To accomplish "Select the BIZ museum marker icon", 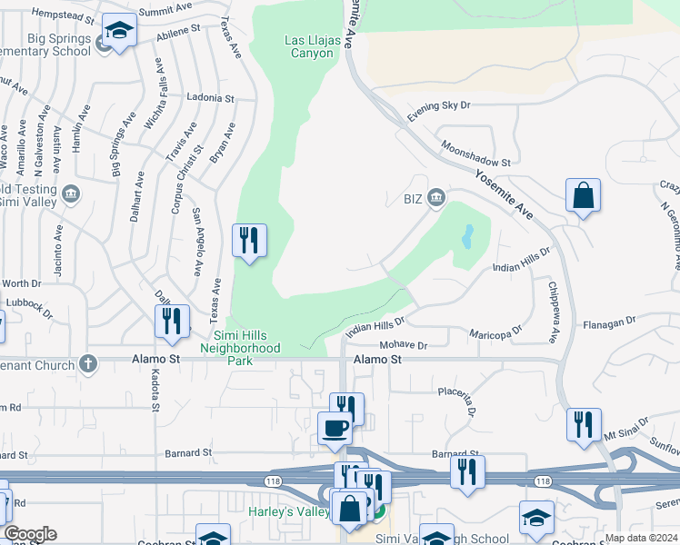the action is pyautogui.click(x=436, y=197).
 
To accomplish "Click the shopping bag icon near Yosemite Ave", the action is pyautogui.click(x=583, y=196).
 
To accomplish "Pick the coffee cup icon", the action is pyautogui.click(x=334, y=426).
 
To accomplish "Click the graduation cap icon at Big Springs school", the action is pyautogui.click(x=118, y=32).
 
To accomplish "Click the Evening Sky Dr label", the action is pyautogui.click(x=439, y=111).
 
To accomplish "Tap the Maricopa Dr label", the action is pyautogui.click(x=496, y=332).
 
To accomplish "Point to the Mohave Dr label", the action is pyautogui.click(x=403, y=345).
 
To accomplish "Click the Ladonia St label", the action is pyautogui.click(x=210, y=97).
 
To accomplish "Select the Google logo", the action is pyautogui.click(x=30, y=534).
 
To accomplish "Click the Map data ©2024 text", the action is pyautogui.click(x=641, y=538).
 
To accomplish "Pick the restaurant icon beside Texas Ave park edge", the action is pyautogui.click(x=249, y=241).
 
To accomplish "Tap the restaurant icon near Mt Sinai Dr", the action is pyautogui.click(x=583, y=425).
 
